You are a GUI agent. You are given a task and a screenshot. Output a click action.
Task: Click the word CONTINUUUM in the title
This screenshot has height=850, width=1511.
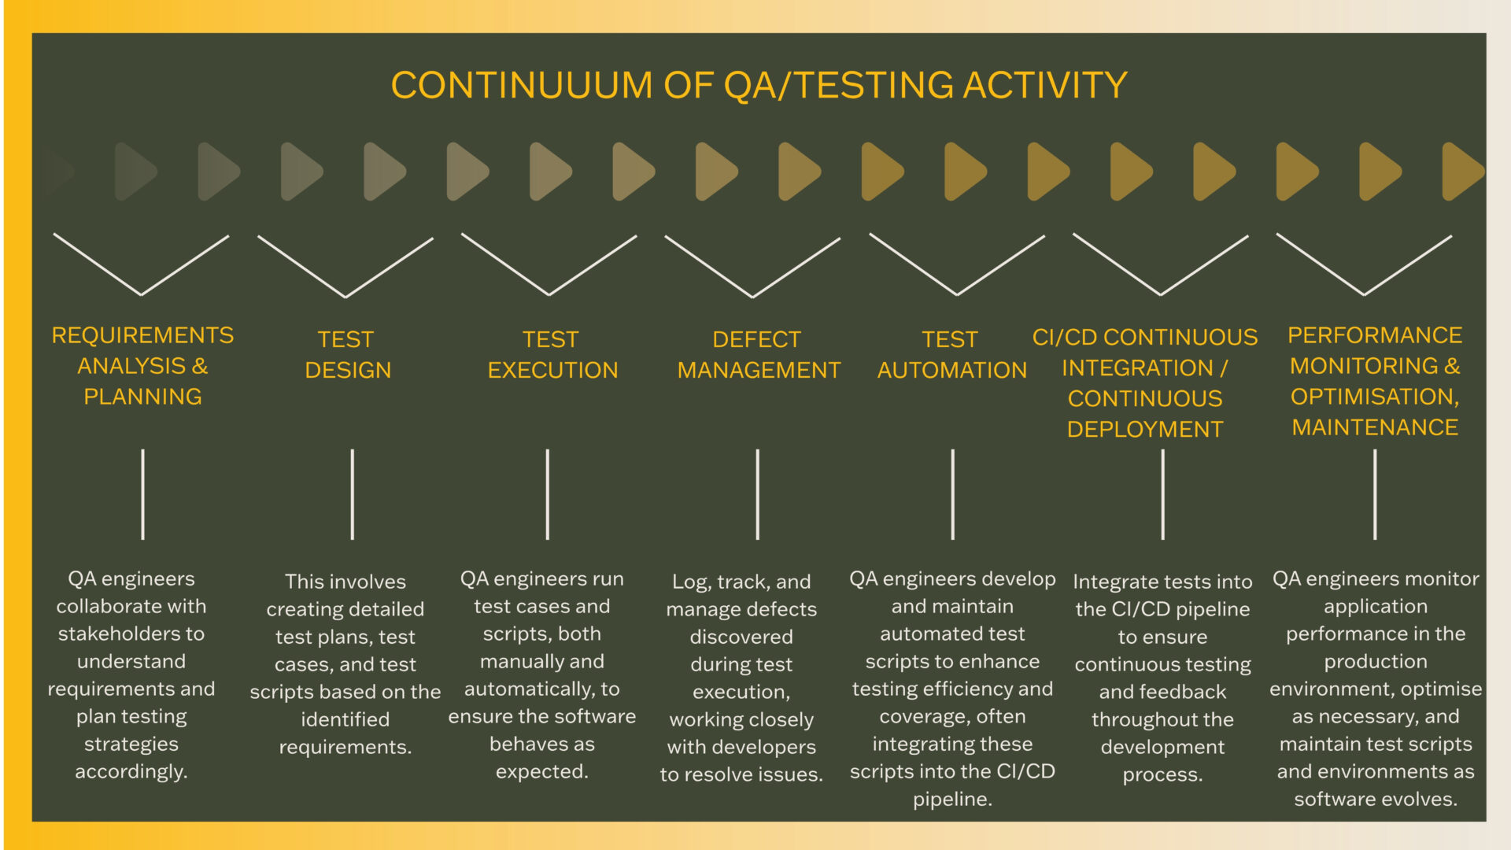tap(522, 85)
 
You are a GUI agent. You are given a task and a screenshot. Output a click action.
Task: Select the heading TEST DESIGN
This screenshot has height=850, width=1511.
tap(347, 354)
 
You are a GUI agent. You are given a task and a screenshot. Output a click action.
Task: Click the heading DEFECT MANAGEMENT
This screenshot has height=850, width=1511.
tap(759, 354)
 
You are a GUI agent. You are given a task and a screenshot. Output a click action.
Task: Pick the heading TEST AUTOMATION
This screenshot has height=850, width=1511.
tap(952, 354)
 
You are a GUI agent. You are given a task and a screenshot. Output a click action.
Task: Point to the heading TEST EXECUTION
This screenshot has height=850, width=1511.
tap(552, 354)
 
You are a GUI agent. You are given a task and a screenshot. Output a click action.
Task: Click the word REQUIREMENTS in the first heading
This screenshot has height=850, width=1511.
tap(142, 335)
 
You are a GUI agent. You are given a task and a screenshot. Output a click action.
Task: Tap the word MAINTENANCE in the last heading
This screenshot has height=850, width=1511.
tap(1375, 427)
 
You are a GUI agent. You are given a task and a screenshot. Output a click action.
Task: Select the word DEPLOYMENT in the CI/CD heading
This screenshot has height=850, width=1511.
tap(1145, 430)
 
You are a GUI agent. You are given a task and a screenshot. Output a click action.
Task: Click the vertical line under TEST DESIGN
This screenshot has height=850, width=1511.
tap(352, 494)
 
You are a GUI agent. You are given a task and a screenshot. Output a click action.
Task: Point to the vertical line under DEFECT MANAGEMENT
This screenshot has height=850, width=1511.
tap(757, 494)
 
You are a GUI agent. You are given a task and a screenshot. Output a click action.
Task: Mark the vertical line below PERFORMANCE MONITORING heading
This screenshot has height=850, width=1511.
tap(1375, 494)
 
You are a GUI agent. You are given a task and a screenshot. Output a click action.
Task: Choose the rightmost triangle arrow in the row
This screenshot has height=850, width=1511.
tap(1462, 171)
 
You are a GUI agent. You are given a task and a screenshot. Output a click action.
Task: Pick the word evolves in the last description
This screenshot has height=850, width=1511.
tap(1420, 800)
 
